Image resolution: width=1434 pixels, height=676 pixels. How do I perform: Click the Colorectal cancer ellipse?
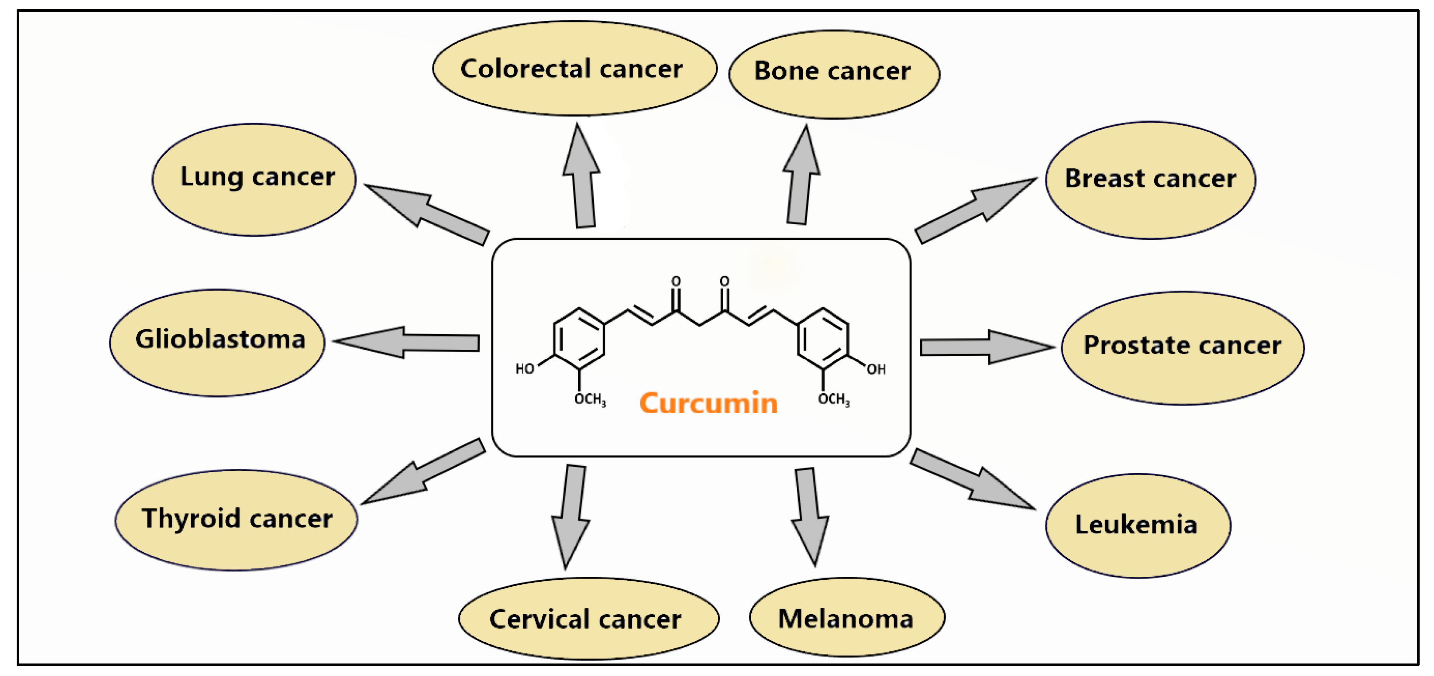tap(574, 69)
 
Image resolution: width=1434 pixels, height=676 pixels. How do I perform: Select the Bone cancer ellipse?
tap(833, 74)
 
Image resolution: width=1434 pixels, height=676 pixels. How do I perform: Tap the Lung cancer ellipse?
tap(254, 179)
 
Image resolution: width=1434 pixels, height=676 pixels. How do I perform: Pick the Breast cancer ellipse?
tap(1150, 180)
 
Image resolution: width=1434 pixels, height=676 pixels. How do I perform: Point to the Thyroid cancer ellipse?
tap(236, 520)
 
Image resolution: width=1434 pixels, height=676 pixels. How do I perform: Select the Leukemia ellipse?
tap(1138, 525)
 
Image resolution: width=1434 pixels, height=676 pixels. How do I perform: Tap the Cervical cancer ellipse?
tap(588, 618)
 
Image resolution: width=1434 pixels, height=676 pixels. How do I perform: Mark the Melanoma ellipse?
tap(846, 617)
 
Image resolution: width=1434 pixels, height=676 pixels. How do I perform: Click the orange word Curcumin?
tap(708, 402)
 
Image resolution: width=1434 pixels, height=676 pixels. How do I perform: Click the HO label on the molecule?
tap(524, 369)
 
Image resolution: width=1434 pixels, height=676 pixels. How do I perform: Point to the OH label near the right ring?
tap(875, 369)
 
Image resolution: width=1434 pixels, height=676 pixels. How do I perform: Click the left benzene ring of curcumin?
tap(579, 338)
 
